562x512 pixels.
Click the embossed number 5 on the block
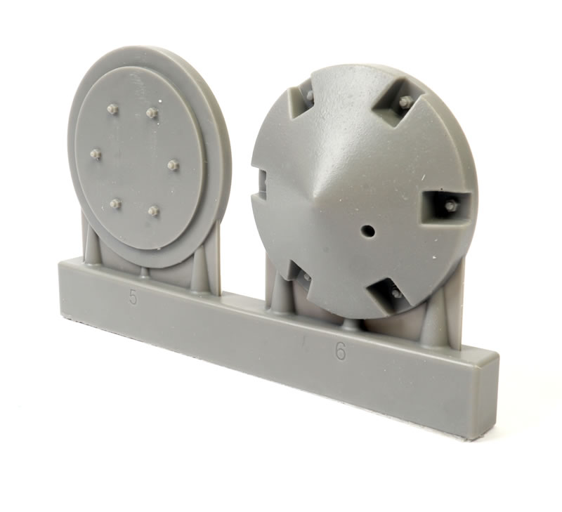coord(133,297)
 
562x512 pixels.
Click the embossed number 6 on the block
coord(341,353)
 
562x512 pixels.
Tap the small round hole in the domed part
coord(368,230)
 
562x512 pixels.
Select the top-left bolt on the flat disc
coord(113,110)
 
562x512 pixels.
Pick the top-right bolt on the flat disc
coord(152,113)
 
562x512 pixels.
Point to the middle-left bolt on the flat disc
coord(96,155)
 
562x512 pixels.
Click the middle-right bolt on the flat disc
coord(173,165)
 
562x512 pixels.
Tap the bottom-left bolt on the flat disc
coord(115,204)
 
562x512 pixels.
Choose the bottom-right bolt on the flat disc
coord(154,210)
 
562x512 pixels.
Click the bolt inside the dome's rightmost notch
coord(449,205)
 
